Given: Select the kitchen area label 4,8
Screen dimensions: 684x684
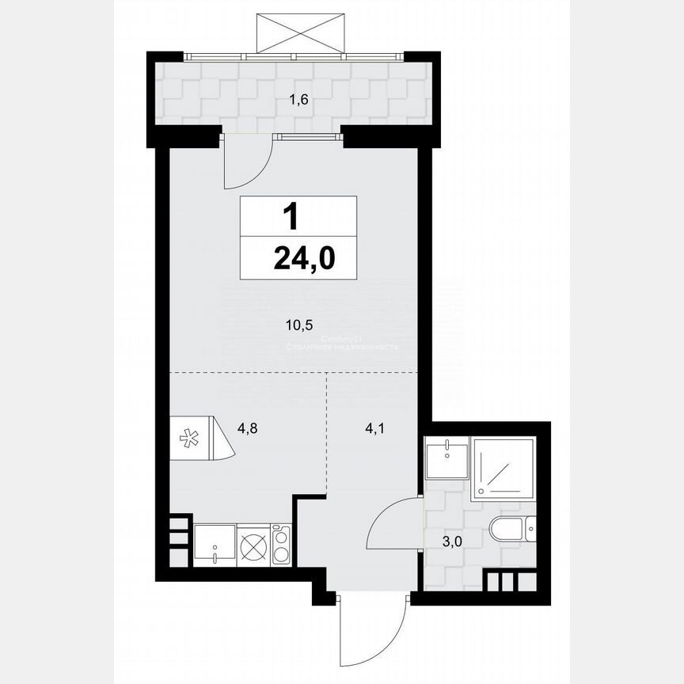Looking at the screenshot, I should pyautogui.click(x=249, y=429).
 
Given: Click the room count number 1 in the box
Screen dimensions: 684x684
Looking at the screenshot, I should pyautogui.click(x=294, y=215).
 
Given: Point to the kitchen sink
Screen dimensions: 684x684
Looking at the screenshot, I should pyautogui.click(x=215, y=544).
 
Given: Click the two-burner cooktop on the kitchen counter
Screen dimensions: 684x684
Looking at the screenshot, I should pyautogui.click(x=280, y=545).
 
